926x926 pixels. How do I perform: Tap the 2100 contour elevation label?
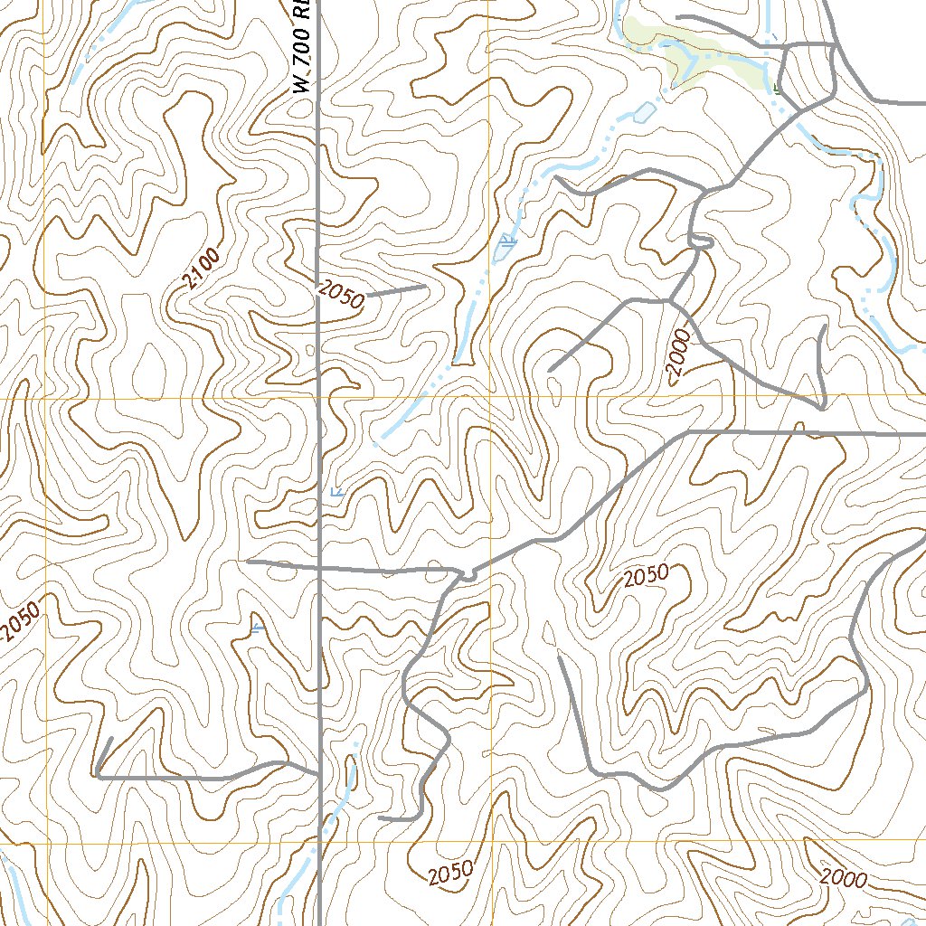[x=200, y=271]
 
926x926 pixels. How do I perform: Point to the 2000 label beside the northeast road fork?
[x=681, y=358]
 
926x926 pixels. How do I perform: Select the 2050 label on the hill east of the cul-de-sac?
[x=646, y=576]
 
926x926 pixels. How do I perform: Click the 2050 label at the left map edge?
[x=19, y=622]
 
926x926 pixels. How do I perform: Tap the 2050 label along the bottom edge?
[x=450, y=874]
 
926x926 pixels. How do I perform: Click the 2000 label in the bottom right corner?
[x=844, y=877]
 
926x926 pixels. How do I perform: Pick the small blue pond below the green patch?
[x=643, y=113]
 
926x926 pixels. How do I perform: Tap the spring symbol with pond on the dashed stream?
[x=506, y=241]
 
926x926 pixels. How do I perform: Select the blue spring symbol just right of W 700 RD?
[x=336, y=491]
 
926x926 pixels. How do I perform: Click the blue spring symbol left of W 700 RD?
[x=259, y=627]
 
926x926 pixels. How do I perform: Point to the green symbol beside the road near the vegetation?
[x=777, y=88]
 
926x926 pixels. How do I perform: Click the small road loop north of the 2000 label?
[x=701, y=241]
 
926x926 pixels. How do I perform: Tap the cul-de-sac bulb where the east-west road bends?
[x=468, y=575]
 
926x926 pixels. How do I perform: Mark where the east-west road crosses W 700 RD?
[x=321, y=568]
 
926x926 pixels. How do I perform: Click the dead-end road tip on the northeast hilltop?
[x=550, y=370]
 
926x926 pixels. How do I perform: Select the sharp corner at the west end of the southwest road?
[x=96, y=775]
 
